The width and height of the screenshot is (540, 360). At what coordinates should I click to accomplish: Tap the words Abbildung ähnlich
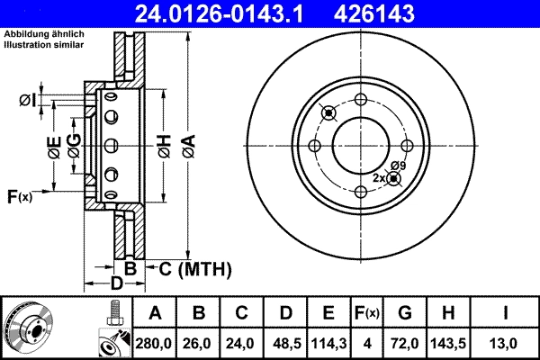(43, 34)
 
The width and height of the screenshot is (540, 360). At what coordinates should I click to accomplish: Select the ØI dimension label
(28, 100)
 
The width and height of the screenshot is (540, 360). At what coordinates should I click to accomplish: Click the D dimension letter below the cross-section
(115, 284)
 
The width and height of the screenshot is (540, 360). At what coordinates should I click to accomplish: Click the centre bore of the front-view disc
(360, 145)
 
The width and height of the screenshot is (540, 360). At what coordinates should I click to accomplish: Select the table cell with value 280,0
(155, 342)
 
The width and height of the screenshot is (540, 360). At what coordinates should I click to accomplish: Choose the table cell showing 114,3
(328, 342)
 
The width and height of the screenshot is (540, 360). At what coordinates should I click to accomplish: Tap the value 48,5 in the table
(285, 342)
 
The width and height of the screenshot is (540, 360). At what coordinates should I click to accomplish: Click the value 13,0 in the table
(507, 342)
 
